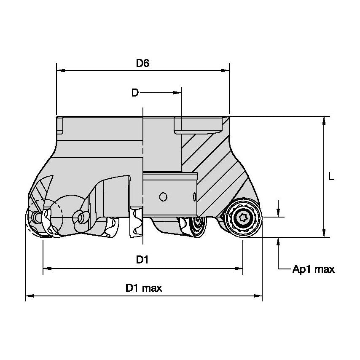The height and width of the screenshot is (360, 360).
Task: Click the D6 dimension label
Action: (x=142, y=63)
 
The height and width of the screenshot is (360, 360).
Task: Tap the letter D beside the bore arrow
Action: (x=134, y=93)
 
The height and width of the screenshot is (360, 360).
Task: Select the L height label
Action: (x=331, y=177)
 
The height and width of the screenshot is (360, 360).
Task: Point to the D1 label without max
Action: (x=142, y=260)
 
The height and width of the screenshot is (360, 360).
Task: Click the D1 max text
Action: (x=144, y=288)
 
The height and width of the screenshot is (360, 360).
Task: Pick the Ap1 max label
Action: (x=313, y=269)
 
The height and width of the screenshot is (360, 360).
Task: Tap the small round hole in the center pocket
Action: (x=163, y=197)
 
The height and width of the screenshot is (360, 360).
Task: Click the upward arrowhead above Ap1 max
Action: (x=278, y=242)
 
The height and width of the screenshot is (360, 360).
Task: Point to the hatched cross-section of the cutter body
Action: (x=215, y=169)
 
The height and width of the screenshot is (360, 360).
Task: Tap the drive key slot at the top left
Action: (x=60, y=124)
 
